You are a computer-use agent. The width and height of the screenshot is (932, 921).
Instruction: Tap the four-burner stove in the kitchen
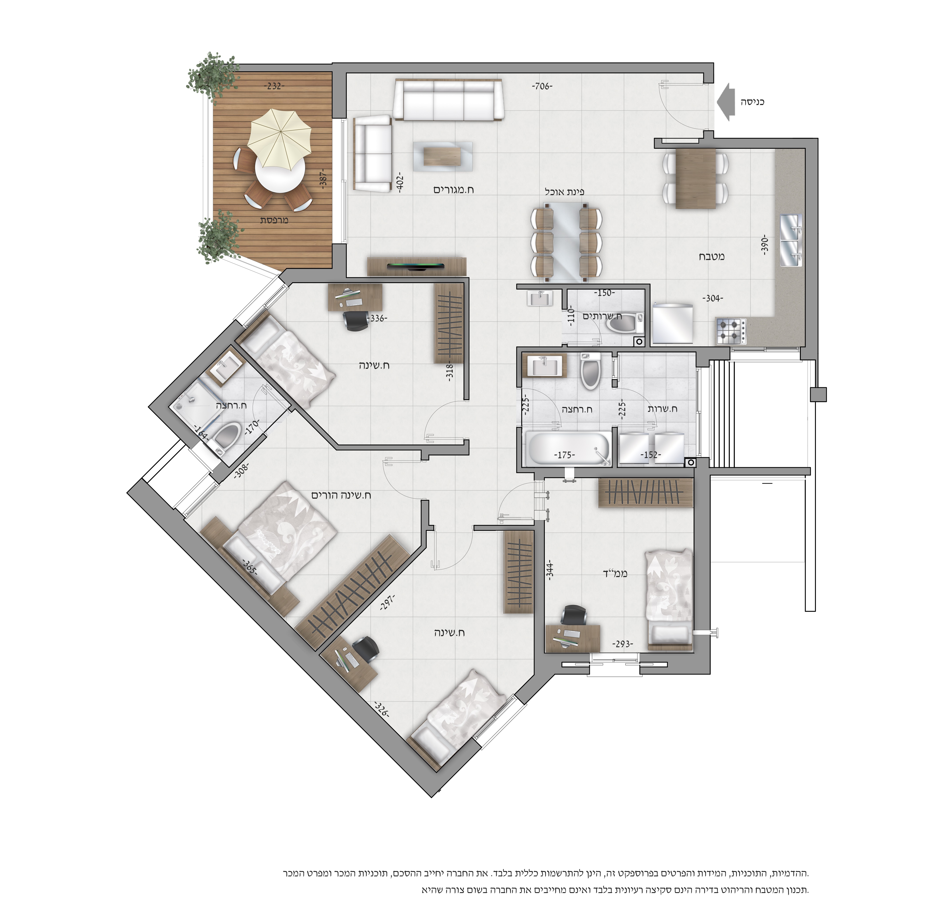click(x=731, y=330)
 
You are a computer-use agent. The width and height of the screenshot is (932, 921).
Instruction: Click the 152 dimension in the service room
click(x=650, y=455)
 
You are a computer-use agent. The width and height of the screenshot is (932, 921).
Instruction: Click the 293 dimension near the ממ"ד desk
click(x=622, y=644)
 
